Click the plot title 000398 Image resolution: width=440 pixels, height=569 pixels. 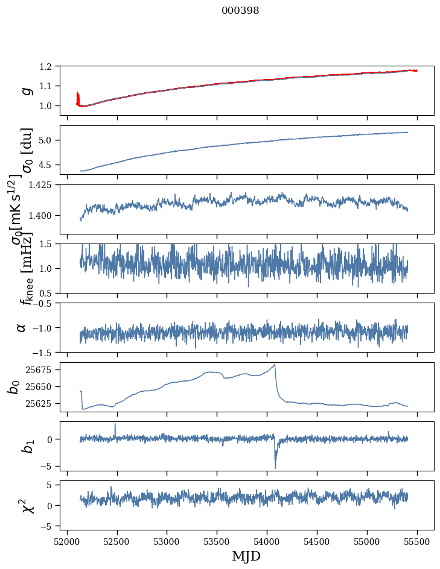coord(240,11)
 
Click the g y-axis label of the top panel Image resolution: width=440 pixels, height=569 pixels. coord(26,90)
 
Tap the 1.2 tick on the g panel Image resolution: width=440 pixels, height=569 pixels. coord(52,66)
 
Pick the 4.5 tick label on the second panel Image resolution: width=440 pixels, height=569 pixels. coord(52,165)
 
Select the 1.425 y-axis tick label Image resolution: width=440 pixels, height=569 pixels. coord(46,185)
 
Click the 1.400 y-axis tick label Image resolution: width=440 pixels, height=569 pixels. coord(46,216)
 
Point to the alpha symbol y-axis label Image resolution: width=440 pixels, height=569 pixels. coord(22,327)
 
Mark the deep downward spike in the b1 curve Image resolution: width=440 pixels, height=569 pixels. coord(275,467)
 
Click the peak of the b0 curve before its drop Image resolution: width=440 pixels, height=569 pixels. coord(275,365)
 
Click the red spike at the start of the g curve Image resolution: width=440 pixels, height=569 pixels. coord(78,97)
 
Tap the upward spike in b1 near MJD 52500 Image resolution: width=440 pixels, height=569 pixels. coord(115,424)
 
